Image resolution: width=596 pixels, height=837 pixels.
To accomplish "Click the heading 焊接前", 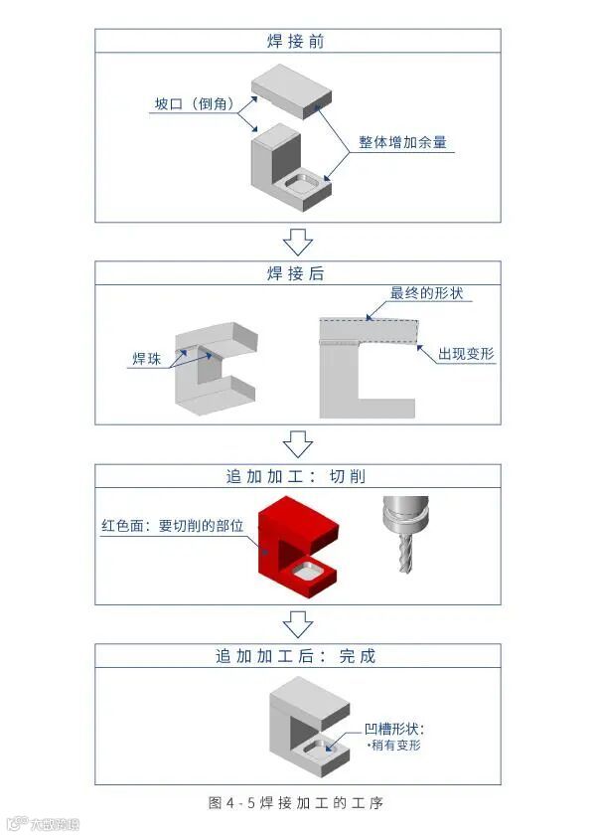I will click(x=296, y=42).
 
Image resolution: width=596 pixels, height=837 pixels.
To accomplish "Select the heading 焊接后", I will click(x=296, y=273).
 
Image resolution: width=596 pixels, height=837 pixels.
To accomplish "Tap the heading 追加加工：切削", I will click(x=296, y=476).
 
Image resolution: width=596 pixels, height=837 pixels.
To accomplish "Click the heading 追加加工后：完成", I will click(x=296, y=656).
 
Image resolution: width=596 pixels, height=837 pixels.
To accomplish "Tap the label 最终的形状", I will click(x=426, y=294).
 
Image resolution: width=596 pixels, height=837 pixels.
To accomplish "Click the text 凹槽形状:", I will click(x=393, y=728).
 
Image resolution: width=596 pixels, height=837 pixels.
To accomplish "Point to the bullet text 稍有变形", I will click(x=395, y=745).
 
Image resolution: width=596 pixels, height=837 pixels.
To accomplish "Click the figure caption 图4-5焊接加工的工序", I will click(x=296, y=802).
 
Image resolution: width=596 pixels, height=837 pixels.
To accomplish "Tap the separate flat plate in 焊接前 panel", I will click(x=291, y=87).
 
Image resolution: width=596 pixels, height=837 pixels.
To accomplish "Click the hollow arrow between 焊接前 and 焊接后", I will click(x=297, y=241).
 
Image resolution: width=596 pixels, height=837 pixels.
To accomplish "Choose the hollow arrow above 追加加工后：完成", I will click(x=297, y=623).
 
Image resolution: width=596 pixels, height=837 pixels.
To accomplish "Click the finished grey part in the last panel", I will click(x=310, y=726).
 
